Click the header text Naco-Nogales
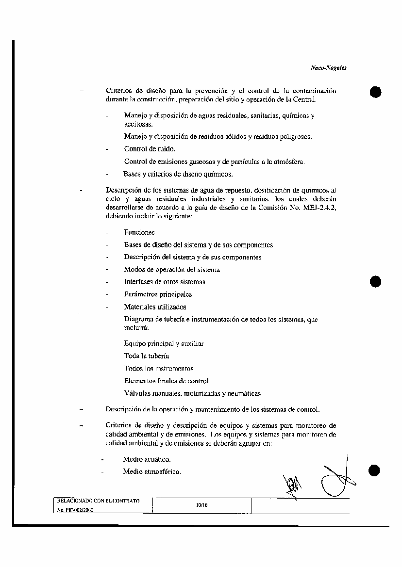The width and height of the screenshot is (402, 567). (328, 68)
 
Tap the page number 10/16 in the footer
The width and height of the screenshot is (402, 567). (201, 505)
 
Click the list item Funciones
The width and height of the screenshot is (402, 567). (139, 233)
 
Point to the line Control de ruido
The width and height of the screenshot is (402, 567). (150, 149)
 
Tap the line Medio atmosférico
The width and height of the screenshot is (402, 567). (152, 471)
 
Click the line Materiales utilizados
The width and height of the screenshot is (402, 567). (155, 307)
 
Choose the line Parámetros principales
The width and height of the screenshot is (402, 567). (158, 294)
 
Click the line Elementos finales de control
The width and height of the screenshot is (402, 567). (166, 381)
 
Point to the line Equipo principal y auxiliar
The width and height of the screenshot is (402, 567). (164, 343)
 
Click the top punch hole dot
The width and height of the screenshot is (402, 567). (375, 92)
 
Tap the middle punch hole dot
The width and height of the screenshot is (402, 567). (375, 281)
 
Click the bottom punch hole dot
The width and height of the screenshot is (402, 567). (375, 470)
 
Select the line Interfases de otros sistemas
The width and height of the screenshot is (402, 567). (165, 282)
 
